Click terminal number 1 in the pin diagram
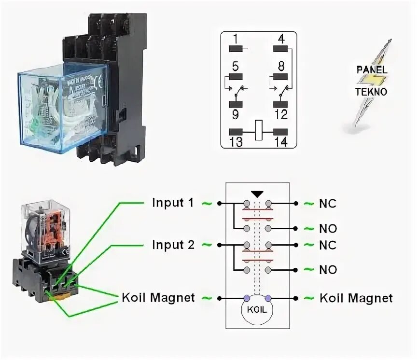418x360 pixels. tap(235, 38)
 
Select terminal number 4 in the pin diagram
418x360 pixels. tap(280, 38)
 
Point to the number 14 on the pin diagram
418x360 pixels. tap(280, 142)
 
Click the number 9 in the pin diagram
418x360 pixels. tap(235, 114)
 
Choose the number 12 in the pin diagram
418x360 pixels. tap(280, 114)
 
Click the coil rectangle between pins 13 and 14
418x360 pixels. tap(258, 131)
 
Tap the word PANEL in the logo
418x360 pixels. tap(372, 69)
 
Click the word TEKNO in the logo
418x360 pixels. tap(371, 92)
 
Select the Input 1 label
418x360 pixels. tap(173, 203)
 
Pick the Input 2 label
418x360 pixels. tap(173, 245)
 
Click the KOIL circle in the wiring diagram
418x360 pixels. tap(257, 309)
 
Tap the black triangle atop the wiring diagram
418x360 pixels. tap(257, 194)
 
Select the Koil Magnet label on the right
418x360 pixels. tap(356, 298)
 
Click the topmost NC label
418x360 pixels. tap(327, 204)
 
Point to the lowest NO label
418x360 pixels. tap(328, 269)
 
